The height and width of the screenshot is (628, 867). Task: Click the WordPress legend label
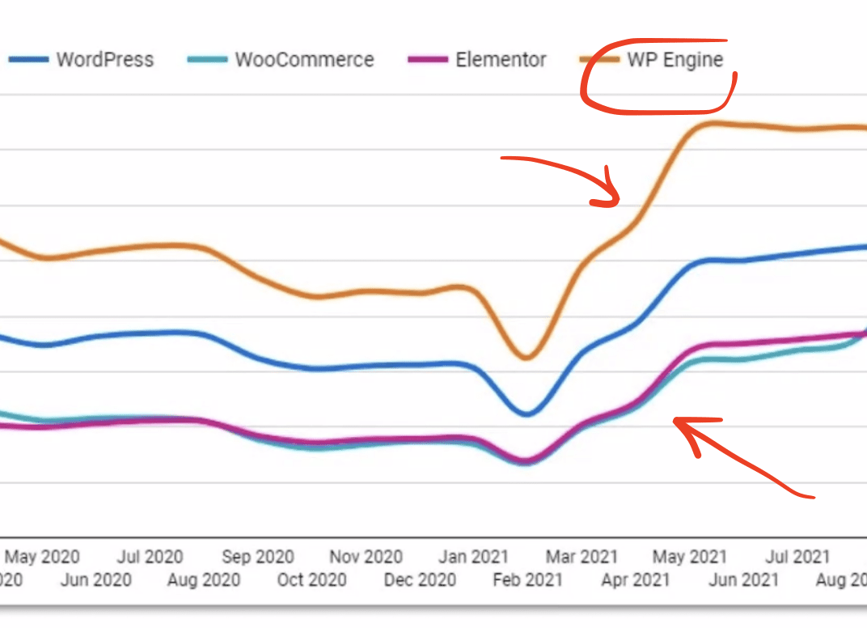point(104,60)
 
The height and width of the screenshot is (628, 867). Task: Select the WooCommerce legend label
point(304,60)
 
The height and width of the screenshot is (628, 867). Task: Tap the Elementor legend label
point(501,60)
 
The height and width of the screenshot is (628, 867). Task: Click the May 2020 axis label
point(42,557)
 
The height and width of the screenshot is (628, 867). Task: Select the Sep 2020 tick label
point(258,557)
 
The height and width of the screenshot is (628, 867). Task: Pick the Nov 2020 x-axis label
point(366,557)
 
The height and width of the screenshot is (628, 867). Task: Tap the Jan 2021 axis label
point(473,557)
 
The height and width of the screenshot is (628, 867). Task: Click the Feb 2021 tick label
point(527,580)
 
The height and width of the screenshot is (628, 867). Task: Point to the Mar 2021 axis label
point(582,557)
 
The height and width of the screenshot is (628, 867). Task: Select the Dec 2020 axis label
point(420,580)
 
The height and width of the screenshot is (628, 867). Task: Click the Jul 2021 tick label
point(798,557)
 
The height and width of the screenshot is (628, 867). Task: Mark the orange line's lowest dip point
point(527,357)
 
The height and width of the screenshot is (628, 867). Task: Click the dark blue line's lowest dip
point(527,414)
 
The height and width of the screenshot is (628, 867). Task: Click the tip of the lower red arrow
point(675,421)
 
